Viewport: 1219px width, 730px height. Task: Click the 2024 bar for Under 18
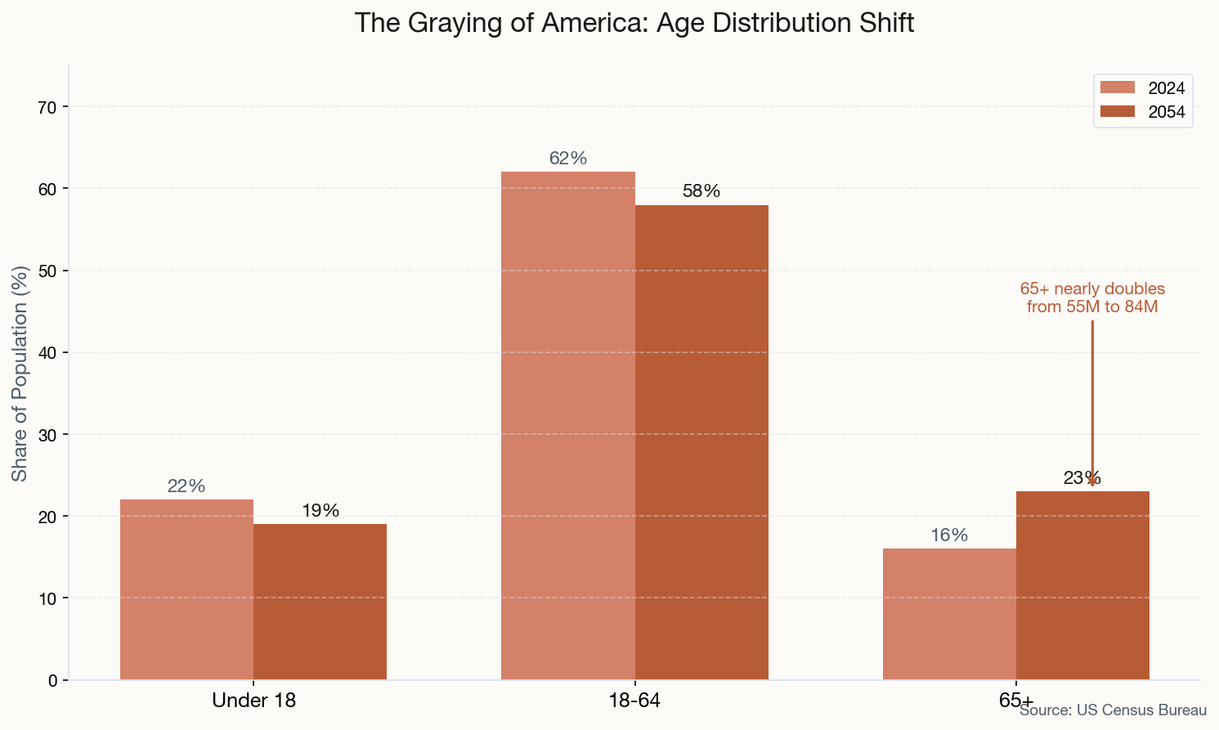point(186,589)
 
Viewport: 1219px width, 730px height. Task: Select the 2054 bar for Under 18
point(320,602)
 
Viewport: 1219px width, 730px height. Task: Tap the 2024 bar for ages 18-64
point(568,426)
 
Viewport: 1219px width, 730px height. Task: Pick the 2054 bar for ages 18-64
point(701,442)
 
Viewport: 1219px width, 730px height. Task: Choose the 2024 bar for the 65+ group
point(949,614)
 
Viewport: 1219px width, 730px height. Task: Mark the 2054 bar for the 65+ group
point(1082,585)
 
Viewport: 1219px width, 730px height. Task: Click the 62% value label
point(568,159)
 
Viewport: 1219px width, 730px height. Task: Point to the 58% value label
point(701,191)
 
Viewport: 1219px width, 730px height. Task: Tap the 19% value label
point(320,511)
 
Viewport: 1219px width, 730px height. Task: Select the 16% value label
point(949,535)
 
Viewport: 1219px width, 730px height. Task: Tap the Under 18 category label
point(253,701)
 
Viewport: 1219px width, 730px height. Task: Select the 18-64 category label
point(634,701)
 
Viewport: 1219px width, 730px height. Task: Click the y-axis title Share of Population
point(20,373)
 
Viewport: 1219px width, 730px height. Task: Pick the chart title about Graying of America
point(634,23)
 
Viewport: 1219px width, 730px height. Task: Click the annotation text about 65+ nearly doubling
point(1092,298)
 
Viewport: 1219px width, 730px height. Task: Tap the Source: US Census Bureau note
point(1113,710)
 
